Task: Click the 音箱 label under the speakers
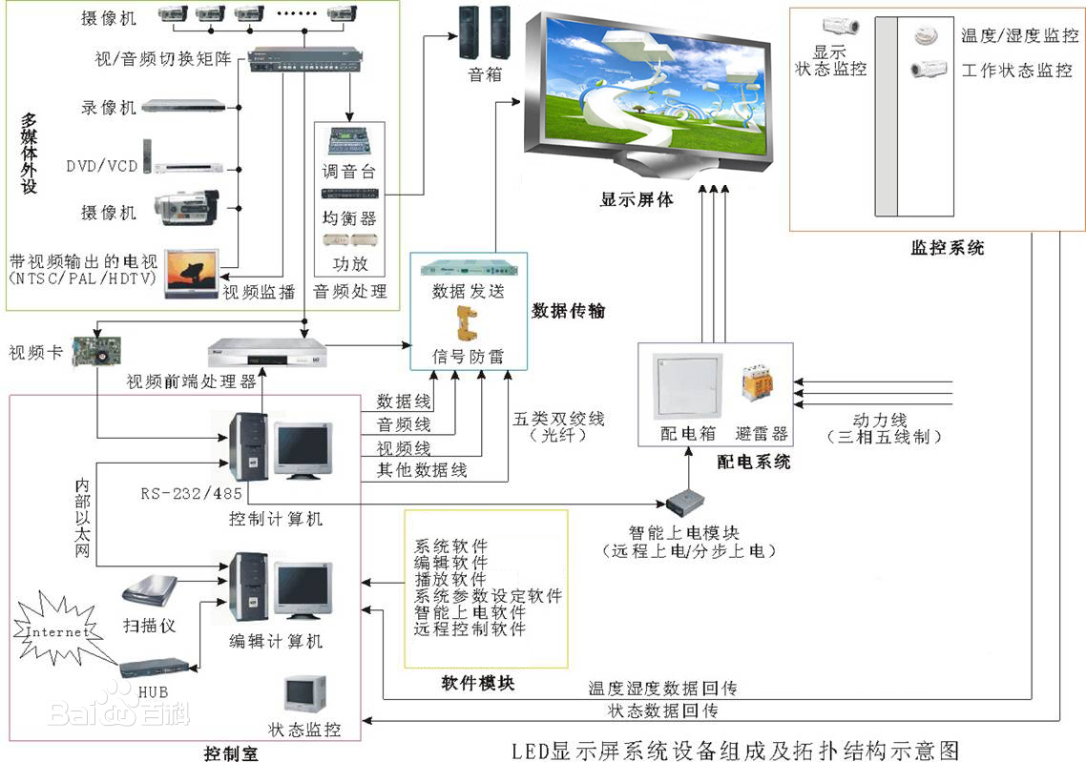485,73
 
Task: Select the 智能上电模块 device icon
687,504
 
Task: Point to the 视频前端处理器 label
192,382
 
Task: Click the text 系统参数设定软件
488,596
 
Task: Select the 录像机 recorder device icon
185,107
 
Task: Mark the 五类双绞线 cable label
559,419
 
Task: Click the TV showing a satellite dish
191,273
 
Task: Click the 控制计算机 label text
276,519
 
